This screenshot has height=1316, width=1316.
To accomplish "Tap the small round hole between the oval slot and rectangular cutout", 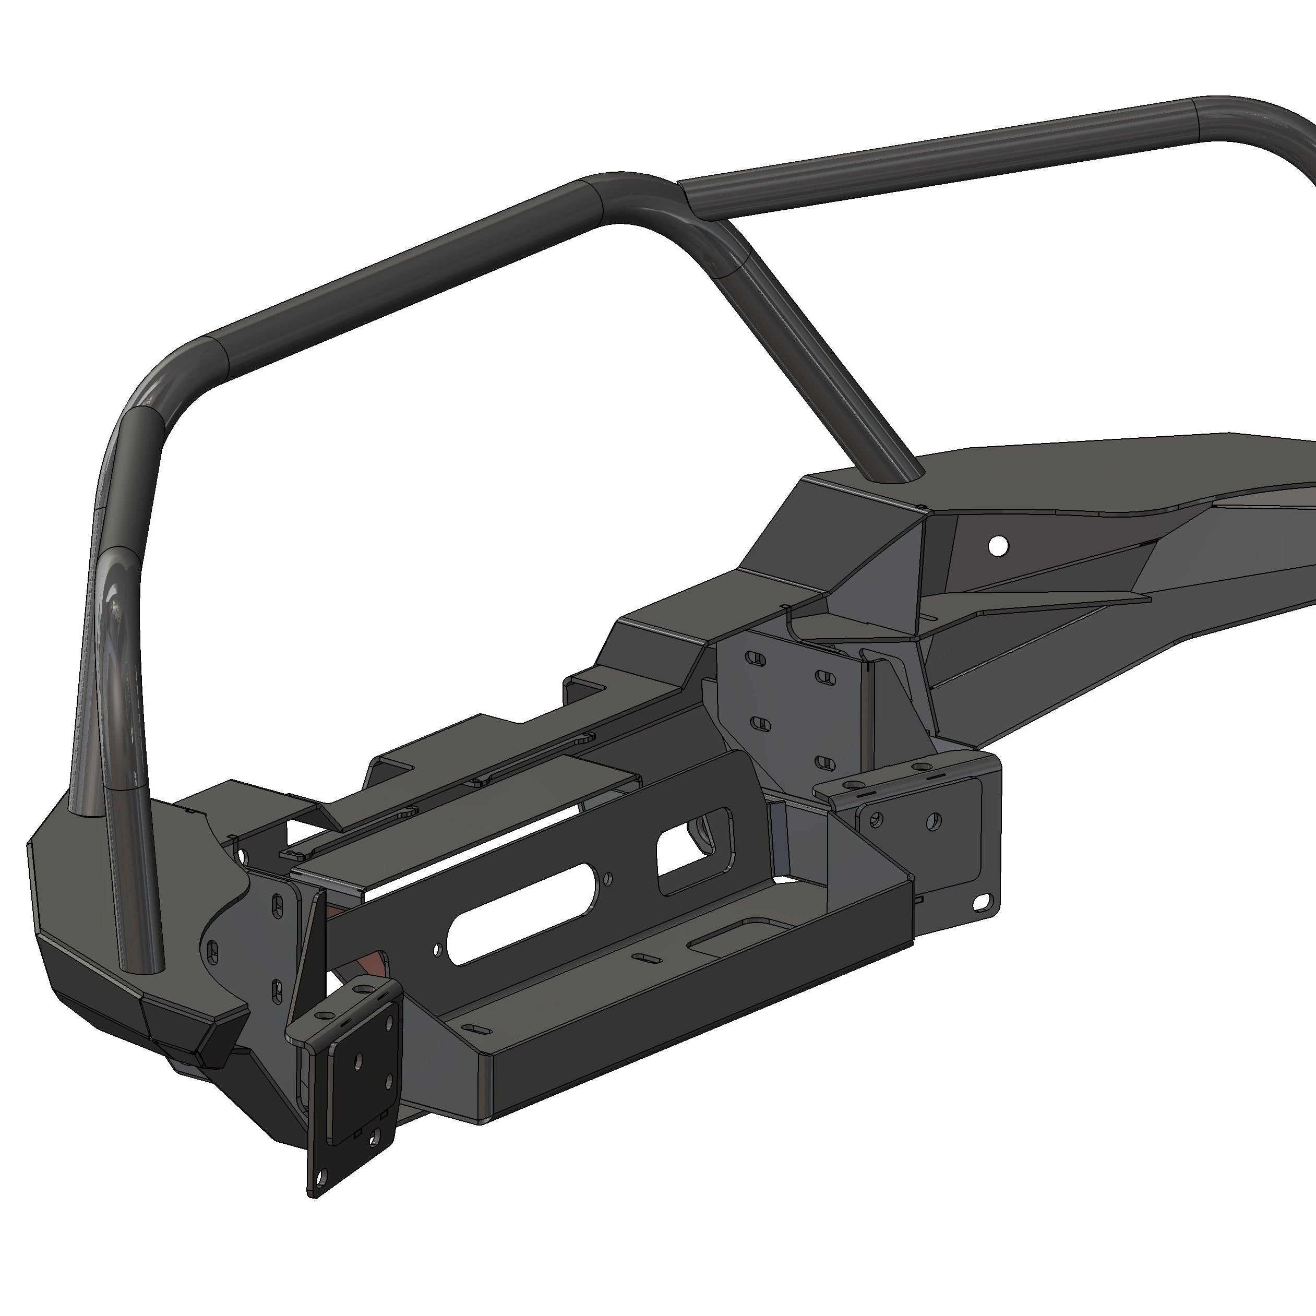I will tap(608, 878).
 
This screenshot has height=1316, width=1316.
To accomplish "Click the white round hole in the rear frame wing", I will tap(998, 545).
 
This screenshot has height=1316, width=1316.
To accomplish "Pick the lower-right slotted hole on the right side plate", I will tap(825, 762).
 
